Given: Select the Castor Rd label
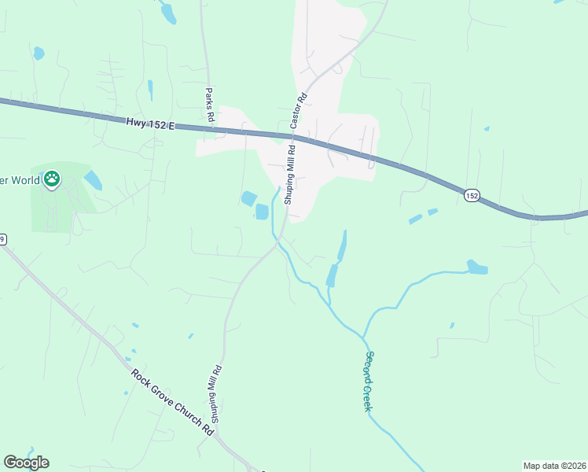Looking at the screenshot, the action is tap(299, 112).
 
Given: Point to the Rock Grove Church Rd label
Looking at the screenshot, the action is tap(173, 404).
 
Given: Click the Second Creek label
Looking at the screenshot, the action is tap(367, 380).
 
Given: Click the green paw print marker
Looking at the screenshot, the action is tap(52, 179).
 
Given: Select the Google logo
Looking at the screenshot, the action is tap(26, 463).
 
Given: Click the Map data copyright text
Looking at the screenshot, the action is tap(553, 466).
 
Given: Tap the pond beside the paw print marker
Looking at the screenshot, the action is tap(92, 180).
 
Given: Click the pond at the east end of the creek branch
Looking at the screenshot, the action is tap(476, 267).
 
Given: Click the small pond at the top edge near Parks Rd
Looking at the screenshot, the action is tap(167, 12).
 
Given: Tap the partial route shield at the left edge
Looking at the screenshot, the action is tap(2, 240).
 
